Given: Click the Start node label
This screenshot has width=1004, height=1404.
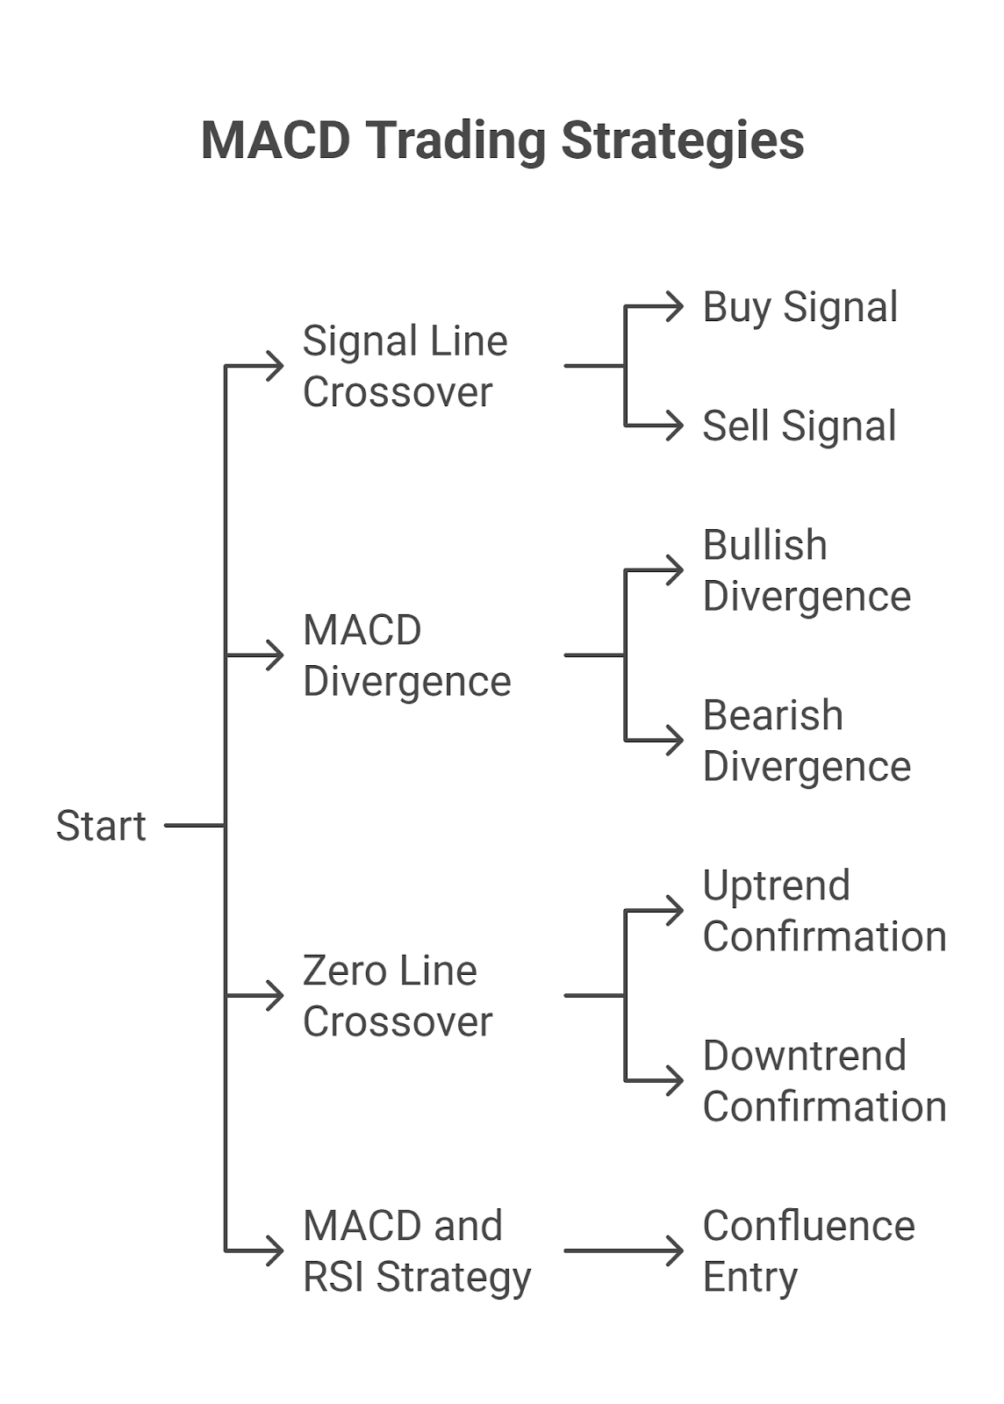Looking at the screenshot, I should click(101, 826).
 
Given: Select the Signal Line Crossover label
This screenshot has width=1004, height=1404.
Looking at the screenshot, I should click(405, 366).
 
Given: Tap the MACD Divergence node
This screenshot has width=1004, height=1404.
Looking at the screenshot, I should click(406, 655).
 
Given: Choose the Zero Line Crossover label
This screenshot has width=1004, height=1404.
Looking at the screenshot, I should click(397, 996).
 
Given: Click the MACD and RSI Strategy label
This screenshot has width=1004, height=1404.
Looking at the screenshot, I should click(416, 1250).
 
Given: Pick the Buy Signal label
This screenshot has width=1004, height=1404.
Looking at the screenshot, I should click(800, 307).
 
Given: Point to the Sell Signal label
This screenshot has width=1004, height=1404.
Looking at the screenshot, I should click(799, 426).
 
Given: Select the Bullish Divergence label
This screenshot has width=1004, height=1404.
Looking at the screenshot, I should click(806, 570).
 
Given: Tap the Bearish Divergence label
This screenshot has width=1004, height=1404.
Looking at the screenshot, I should click(806, 741).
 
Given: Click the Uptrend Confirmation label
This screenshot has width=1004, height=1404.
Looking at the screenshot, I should click(823, 911).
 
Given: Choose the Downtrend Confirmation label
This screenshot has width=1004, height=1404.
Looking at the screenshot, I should click(823, 1081).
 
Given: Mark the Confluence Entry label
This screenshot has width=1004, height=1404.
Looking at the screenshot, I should click(807, 1250).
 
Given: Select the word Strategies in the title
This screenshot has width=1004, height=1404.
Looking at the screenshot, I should click(682, 140).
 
